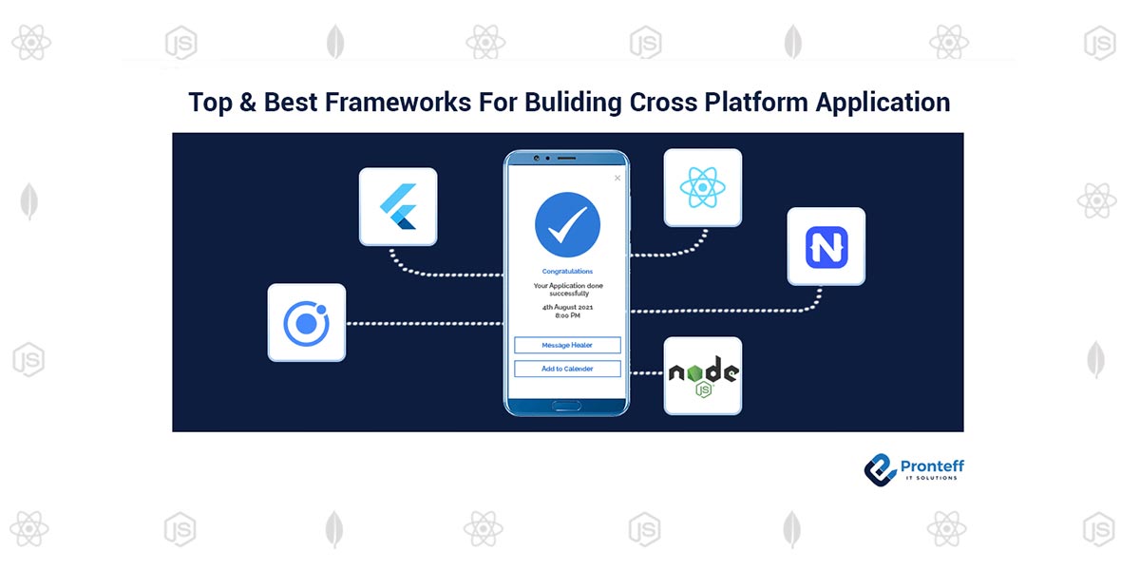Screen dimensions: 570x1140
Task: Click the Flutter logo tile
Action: (398, 206)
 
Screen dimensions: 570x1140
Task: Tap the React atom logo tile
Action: (702, 187)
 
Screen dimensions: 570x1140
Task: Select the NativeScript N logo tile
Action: (826, 246)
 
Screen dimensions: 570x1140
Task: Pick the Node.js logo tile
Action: (702, 375)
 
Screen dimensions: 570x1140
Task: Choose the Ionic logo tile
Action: (306, 323)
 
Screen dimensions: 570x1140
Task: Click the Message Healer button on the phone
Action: (567, 345)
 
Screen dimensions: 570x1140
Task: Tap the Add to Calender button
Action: (567, 369)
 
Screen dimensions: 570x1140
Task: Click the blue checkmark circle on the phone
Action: (567, 224)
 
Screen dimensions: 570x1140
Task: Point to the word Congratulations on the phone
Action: (567, 272)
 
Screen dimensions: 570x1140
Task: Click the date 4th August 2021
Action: (567, 307)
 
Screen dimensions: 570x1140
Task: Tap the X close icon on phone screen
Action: (617, 178)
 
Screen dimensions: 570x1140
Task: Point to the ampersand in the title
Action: (247, 103)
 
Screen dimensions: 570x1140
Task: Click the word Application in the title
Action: (877, 103)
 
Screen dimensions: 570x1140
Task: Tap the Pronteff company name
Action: (931, 465)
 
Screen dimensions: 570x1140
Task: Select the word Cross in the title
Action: (663, 103)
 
